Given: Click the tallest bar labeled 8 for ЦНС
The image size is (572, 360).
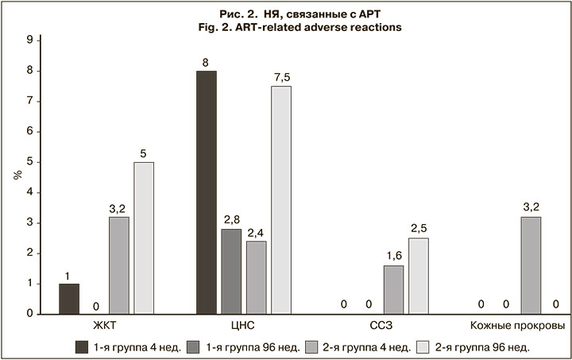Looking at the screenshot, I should coord(207,192).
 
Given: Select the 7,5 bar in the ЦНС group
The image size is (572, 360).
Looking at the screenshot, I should coord(280,199).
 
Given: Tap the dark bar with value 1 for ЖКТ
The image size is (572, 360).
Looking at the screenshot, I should coord(69,298).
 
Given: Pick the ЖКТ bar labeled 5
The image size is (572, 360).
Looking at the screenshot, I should coord(144,238).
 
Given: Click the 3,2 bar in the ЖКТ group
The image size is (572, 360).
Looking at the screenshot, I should coord(118,265).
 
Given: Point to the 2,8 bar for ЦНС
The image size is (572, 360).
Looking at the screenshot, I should coord(231,271).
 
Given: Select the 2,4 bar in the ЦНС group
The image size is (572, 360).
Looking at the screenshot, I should coord(256,277).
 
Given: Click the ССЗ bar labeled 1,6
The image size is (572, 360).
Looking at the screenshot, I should coord(393,289).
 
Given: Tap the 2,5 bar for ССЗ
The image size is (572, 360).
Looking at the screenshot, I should coord(419,276).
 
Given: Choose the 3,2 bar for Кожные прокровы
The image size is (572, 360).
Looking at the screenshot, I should coord(531,265).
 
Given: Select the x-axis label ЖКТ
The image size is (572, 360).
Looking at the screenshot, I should coord(107,327).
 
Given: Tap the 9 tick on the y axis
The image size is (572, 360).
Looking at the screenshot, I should coord(29,40).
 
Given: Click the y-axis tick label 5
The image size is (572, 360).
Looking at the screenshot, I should coord(29,162).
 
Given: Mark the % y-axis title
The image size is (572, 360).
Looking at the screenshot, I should coord(15,173).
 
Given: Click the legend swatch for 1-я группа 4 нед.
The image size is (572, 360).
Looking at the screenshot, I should coord(81,346).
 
